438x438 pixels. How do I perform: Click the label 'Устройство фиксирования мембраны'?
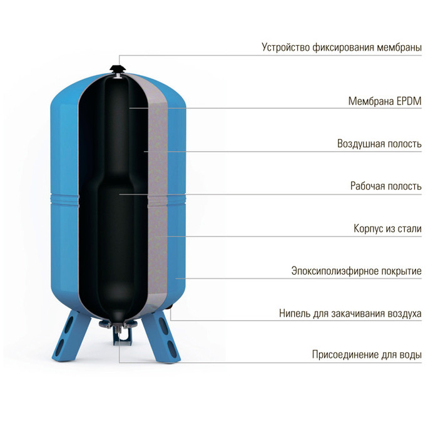[x=342, y=47]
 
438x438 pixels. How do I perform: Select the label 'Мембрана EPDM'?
[x=385, y=101]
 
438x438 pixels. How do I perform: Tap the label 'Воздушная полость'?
[x=379, y=143]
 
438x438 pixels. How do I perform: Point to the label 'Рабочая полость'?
[x=386, y=186]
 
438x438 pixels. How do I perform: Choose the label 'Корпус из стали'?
[x=387, y=228]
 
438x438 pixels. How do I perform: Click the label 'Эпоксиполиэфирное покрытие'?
[x=357, y=271]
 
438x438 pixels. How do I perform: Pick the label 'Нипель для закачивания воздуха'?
[x=350, y=313]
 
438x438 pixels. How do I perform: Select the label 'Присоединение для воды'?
[x=367, y=355]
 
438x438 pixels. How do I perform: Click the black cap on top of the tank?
[x=118, y=69]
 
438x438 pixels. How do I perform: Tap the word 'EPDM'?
[x=409, y=101]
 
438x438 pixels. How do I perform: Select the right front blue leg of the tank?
[x=161, y=337]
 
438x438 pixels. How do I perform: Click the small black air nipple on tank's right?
[x=170, y=307]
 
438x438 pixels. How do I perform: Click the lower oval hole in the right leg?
[x=171, y=347]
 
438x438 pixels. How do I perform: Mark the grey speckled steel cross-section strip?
[x=157, y=195]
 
